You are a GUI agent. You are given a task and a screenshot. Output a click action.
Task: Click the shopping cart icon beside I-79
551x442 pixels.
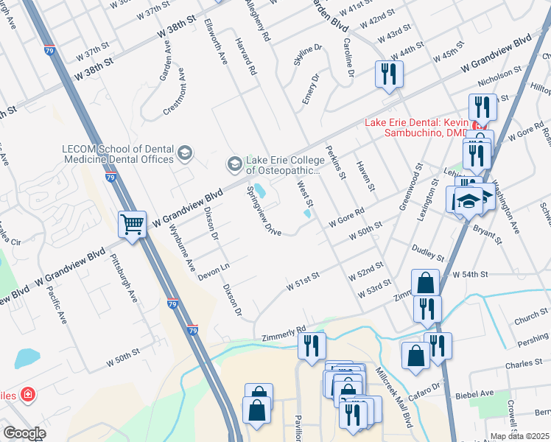pos(133,224)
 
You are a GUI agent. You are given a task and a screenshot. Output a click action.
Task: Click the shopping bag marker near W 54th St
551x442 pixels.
pos(425,283)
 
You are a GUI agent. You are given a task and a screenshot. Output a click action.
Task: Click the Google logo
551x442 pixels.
pos(24,433)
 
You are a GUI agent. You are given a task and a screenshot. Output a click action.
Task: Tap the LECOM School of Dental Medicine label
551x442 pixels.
pos(118,153)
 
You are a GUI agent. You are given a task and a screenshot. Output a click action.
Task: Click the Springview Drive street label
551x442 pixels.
pos(262,210)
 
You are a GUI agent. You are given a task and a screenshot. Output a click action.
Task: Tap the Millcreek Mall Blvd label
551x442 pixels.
pos(393,398)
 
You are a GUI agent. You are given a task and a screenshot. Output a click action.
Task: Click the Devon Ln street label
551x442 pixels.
pos(214,270)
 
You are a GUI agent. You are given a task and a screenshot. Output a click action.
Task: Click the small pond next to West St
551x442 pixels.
pos(306,214)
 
